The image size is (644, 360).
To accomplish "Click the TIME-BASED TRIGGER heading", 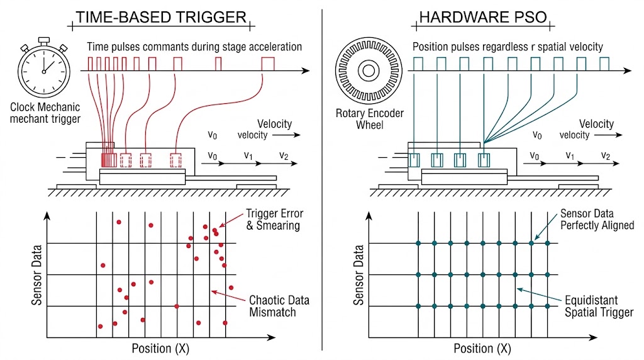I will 161,17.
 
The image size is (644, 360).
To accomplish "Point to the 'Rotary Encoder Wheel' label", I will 370,119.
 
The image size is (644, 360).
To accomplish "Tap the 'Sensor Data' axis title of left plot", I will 37,274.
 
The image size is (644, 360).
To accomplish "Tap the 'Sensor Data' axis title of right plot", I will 359,274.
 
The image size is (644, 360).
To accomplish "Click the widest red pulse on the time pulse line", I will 269,63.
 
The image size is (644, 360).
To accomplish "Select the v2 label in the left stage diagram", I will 284,156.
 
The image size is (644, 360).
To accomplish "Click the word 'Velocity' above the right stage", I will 596,124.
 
